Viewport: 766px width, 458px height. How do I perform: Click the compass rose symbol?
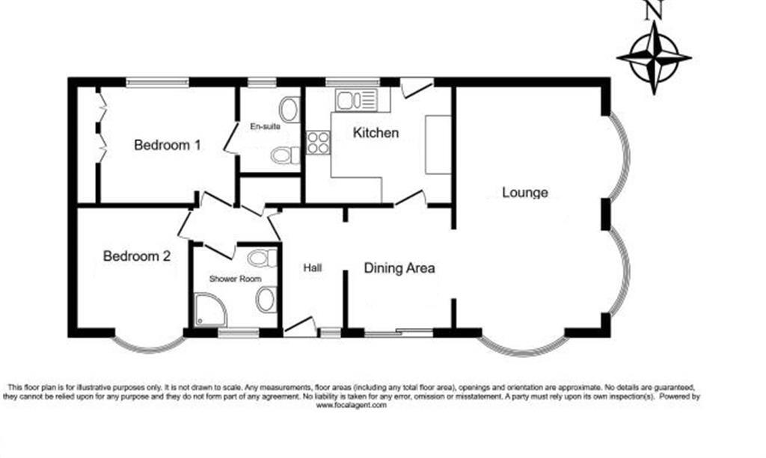654,57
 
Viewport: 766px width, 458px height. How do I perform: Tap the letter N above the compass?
655,9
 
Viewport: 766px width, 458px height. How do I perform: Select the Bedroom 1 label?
167,145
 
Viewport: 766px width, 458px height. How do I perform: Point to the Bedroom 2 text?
137,256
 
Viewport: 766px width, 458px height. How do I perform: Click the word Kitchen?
376,133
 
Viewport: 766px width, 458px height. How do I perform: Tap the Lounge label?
524,193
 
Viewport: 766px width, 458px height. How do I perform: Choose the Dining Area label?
399,267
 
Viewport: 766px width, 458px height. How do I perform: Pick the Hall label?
313,267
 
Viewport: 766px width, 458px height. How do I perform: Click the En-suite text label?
265,126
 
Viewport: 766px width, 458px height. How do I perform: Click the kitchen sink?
358,99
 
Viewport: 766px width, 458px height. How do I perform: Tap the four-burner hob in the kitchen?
318,142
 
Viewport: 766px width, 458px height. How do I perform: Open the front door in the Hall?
299,326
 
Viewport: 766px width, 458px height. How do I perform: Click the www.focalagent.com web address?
351,405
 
